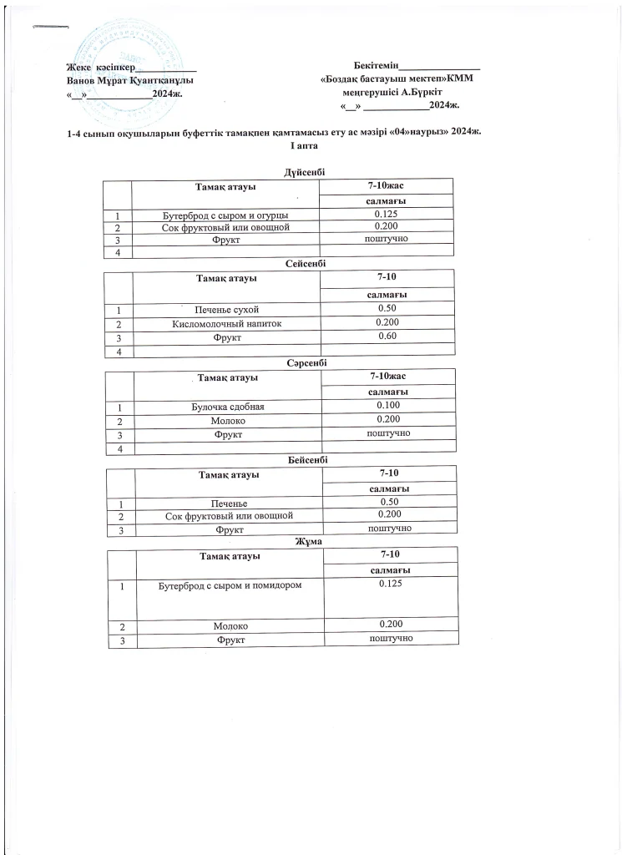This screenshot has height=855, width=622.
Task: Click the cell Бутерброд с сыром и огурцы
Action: tap(225, 215)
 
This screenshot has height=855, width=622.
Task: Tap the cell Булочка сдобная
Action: tap(227, 407)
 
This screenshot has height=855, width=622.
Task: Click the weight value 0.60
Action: tap(386, 336)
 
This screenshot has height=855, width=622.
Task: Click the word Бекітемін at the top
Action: tap(376, 65)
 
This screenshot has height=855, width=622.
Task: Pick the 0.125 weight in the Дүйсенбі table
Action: tap(386, 214)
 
